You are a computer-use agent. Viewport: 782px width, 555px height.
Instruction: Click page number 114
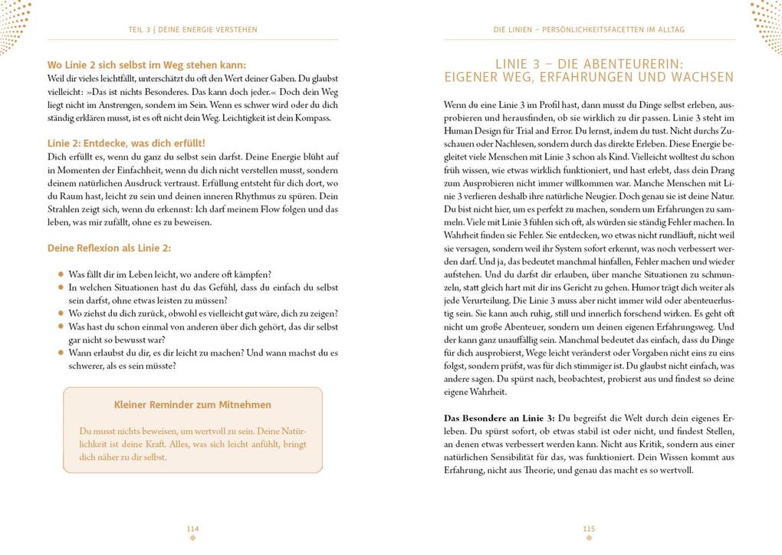(x=192, y=528)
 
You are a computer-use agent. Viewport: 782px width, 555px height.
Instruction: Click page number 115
(x=589, y=528)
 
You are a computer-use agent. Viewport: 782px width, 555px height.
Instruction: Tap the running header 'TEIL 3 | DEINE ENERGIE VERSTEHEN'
(x=192, y=30)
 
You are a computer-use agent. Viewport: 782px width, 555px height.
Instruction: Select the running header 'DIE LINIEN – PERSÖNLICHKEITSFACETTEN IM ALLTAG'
(x=589, y=30)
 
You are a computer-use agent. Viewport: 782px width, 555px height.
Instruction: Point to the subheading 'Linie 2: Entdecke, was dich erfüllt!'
(x=127, y=143)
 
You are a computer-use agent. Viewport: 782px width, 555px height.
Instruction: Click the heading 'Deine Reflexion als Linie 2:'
(x=110, y=248)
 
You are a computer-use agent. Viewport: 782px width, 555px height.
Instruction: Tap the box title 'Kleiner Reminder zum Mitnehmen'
(x=192, y=405)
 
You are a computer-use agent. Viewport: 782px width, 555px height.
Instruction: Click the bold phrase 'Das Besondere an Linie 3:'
(x=500, y=418)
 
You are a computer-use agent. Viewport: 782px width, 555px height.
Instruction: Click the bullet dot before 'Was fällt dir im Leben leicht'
(x=61, y=274)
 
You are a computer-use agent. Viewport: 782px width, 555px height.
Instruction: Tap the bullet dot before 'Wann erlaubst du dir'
(x=61, y=353)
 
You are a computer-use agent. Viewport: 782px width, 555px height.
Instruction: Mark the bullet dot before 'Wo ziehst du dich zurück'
(x=61, y=314)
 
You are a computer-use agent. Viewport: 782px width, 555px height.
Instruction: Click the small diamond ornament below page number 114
(x=192, y=537)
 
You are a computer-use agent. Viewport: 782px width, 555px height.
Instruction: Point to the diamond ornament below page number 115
(x=589, y=537)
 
